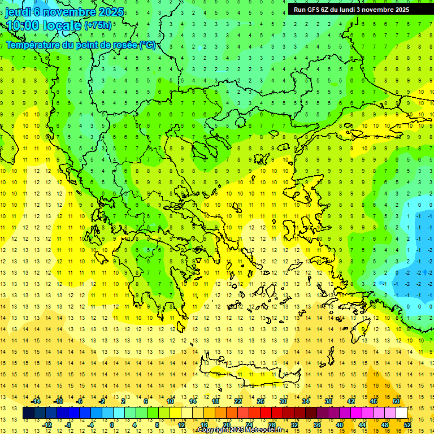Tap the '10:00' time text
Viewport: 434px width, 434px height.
pyautogui.click(x=24, y=25)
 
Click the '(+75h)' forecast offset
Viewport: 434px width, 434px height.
pyautogui.click(x=98, y=25)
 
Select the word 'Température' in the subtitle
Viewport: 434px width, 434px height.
pyautogui.click(x=35, y=45)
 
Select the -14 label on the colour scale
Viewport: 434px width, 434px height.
pyautogui.click(x=36, y=401)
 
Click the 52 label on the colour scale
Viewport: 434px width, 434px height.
pyautogui.click(x=407, y=425)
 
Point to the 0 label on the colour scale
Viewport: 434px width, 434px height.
pyautogui.click(x=112, y=425)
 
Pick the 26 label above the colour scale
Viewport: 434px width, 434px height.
pyautogui.click(x=261, y=401)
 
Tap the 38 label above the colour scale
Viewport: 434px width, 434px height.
pyautogui.click(x=328, y=401)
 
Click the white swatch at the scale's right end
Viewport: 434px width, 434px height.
pyautogui.click(x=401, y=413)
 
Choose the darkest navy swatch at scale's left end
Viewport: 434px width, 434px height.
pyautogui.click(x=29, y=413)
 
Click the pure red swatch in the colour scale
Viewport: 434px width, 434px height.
pyautogui.click(x=266, y=413)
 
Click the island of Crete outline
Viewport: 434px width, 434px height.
pyautogui.click(x=249, y=373)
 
